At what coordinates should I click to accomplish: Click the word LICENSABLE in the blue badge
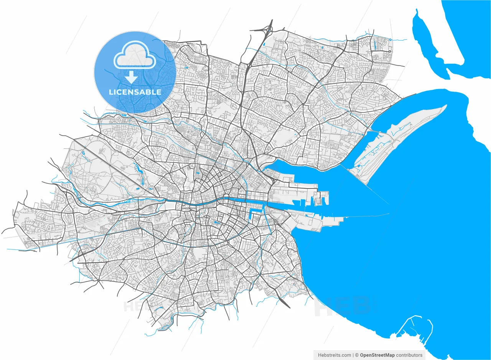tap(135, 92)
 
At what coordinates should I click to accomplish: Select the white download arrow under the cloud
tap(131, 77)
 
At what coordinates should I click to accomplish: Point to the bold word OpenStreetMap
tap(377, 355)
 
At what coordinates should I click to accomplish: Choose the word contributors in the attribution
tap(409, 355)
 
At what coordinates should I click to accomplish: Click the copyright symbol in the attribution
tap(357, 355)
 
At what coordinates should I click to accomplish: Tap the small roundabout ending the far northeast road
tap(390, 51)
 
